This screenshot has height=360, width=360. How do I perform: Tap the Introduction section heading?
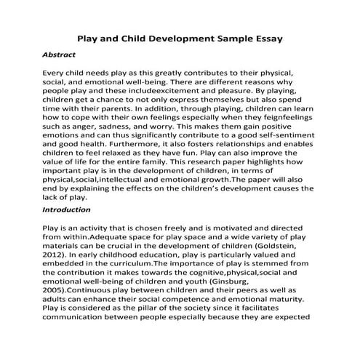pos(67,209)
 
